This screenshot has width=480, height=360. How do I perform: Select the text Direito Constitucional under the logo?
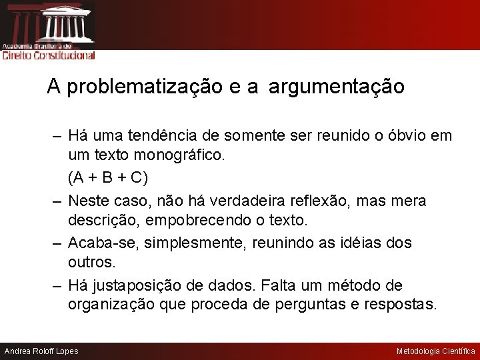[49, 56]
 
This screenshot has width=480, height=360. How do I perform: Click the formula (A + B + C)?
[108, 179]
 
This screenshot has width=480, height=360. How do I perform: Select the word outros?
[91, 263]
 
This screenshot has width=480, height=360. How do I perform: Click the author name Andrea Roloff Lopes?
[41, 351]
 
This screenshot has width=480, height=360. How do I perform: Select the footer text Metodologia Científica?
[436, 351]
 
